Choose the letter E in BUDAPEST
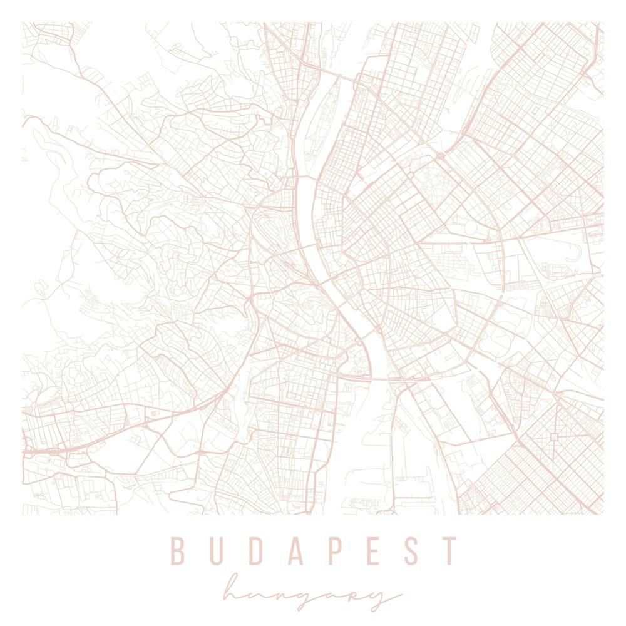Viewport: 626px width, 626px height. click(375, 551)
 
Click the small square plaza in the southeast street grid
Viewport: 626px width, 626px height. click(555, 436)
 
